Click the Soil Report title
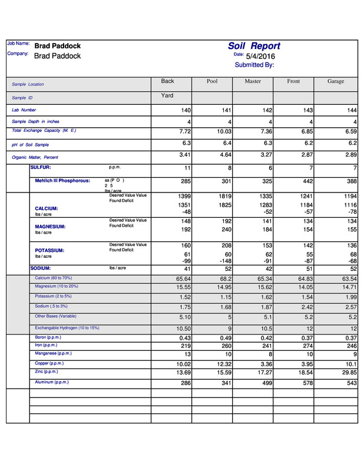tap(254, 46)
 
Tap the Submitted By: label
tap(254, 65)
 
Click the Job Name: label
tap(18, 44)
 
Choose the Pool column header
tap(212, 81)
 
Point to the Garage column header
tap(336, 81)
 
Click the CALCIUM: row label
tap(47, 208)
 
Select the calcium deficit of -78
tap(351, 212)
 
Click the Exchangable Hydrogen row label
tap(67, 328)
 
